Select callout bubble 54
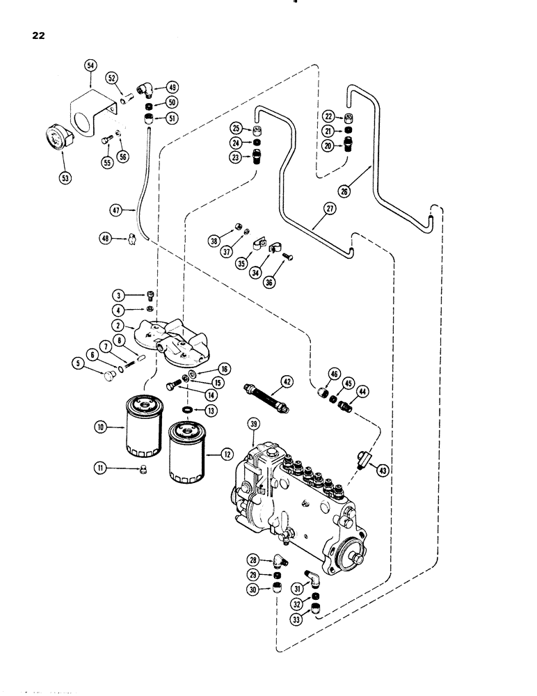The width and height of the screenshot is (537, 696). (x=90, y=65)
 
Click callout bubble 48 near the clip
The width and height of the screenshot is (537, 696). (x=107, y=239)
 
